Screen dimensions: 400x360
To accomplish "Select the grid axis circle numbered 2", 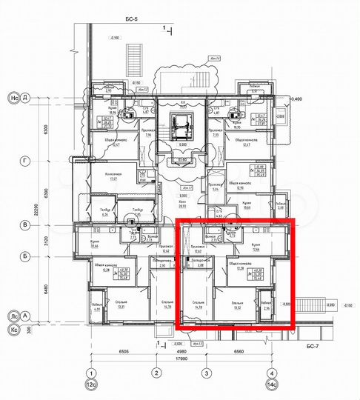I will click(157, 373).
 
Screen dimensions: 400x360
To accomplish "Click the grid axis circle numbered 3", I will click(207, 373).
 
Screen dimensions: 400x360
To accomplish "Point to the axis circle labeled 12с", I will click(91, 386).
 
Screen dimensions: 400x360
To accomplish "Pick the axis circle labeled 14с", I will click(273, 386).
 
